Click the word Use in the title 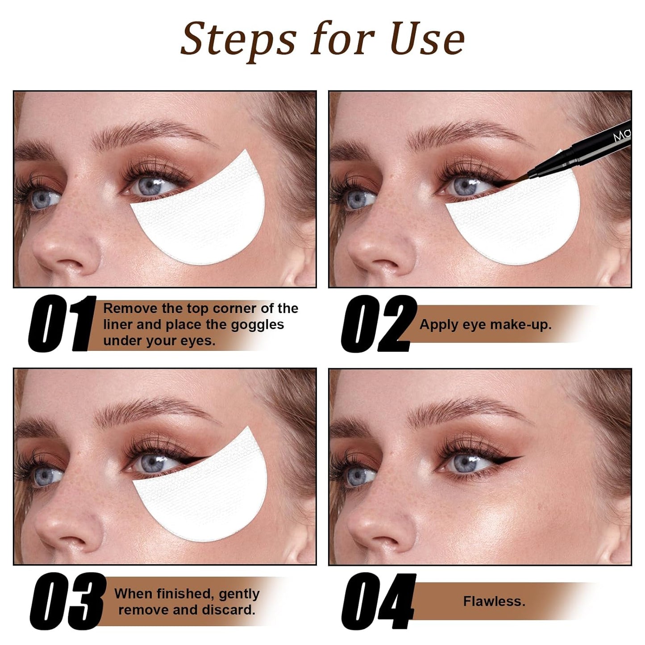click(428, 38)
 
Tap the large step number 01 click(62, 324)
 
